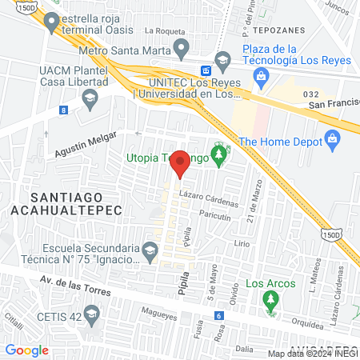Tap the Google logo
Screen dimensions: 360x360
26,350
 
